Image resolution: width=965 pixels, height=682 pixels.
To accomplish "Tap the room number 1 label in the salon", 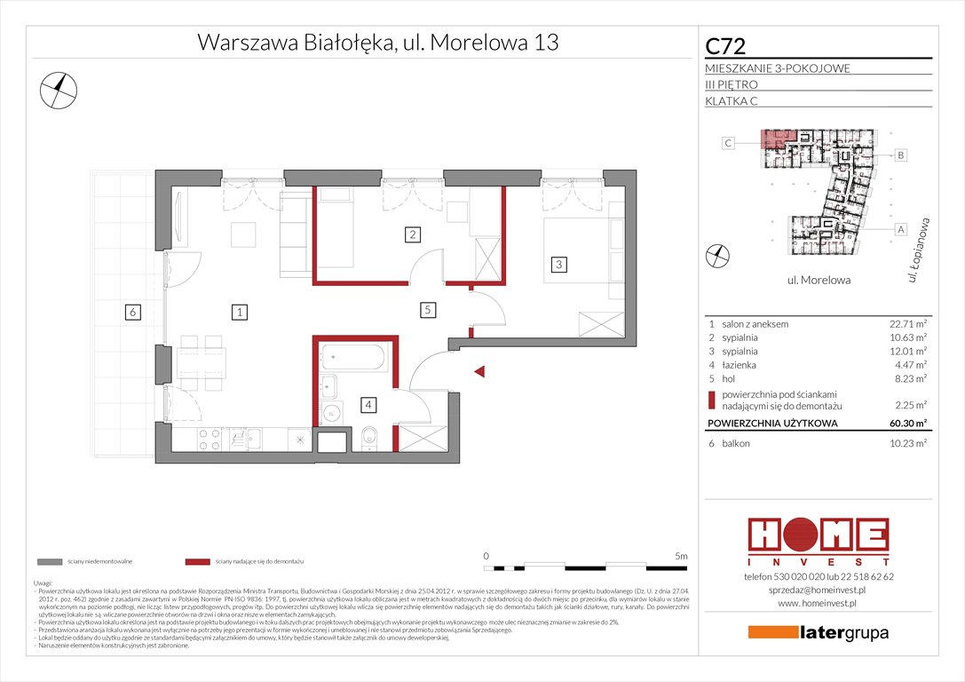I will pyautogui.click(x=240, y=312).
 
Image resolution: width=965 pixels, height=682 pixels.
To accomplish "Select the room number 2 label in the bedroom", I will pyautogui.click(x=412, y=235).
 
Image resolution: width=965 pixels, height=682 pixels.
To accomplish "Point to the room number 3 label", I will pyautogui.click(x=558, y=264).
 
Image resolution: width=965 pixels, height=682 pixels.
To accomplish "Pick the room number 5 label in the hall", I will pyautogui.click(x=427, y=310).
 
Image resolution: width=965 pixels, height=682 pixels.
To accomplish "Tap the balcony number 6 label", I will pyautogui.click(x=131, y=312).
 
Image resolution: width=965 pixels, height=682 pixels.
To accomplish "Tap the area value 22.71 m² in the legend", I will pyautogui.click(x=907, y=324).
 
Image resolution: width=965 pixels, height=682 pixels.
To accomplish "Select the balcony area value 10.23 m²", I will pyautogui.click(x=907, y=442).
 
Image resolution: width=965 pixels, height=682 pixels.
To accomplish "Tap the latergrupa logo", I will pyautogui.click(x=818, y=633).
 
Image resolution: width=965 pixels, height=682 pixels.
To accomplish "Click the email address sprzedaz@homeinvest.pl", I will pyautogui.click(x=817, y=590).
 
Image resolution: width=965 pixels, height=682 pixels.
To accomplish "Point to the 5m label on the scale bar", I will pyautogui.click(x=680, y=555).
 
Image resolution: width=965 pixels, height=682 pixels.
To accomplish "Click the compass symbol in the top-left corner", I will pyautogui.click(x=59, y=89).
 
